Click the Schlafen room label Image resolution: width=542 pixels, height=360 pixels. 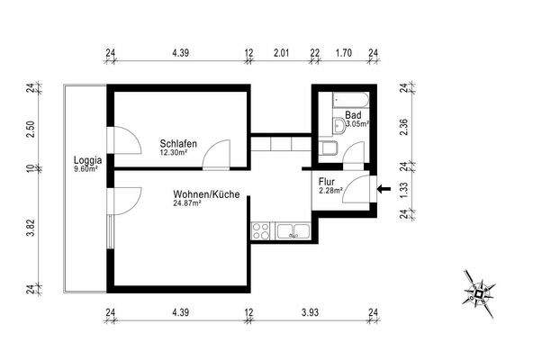point(178,144)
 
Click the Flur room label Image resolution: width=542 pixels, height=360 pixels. point(326,181)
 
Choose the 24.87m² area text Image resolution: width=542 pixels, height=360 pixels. point(187,203)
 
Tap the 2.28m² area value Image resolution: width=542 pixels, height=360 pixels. point(330,189)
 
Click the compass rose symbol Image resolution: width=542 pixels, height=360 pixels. point(481,292)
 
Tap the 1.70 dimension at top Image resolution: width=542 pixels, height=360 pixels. point(343,53)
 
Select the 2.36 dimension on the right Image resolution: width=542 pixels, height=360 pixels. point(404,127)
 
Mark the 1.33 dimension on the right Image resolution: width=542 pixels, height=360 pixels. point(404,188)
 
